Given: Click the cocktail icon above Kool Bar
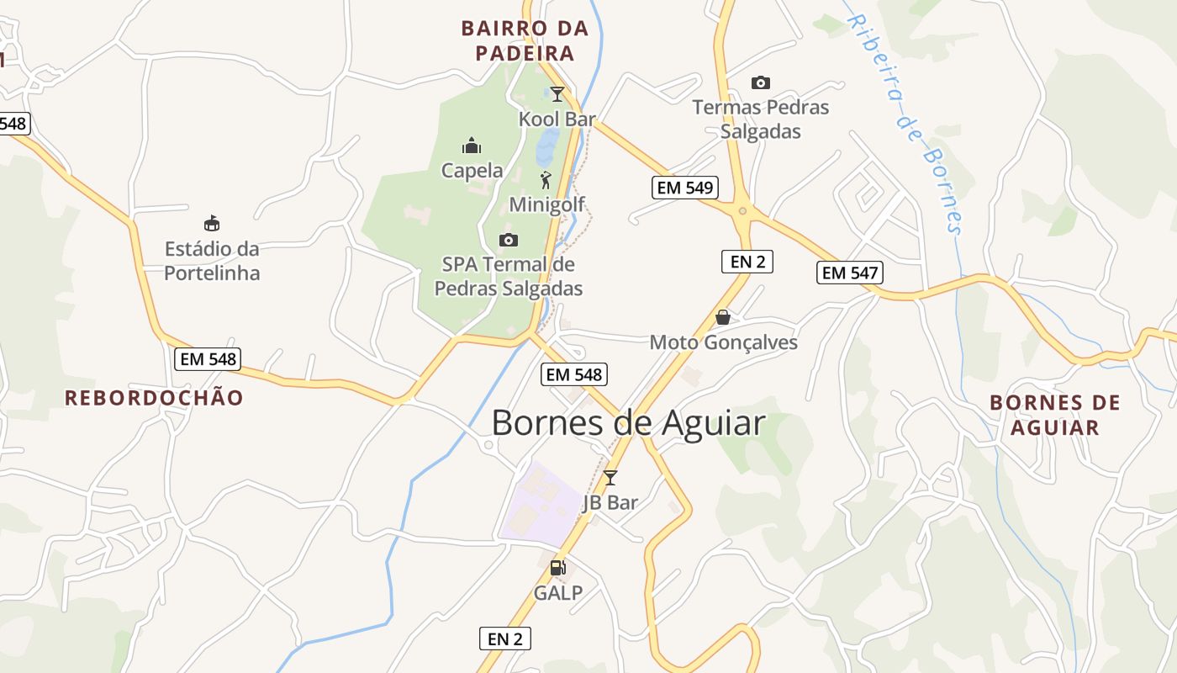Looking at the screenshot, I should pos(557,93).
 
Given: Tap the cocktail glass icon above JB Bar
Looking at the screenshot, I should pos(610,477).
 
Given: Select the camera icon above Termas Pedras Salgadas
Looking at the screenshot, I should pos(760,82).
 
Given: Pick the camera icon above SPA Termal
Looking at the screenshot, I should pos(508,240).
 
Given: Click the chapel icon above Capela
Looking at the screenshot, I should pos(472,146).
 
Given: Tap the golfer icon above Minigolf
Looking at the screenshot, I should pos(546,179).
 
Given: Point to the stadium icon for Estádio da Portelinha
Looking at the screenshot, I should pos(212,223).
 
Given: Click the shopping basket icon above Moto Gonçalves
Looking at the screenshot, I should pos(722,317).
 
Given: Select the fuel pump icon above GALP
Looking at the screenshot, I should pos(557,568).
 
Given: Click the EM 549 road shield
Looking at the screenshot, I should pos(685,188).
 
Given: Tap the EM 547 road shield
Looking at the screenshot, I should pos(850,273).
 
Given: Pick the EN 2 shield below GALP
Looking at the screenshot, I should pos(505,639).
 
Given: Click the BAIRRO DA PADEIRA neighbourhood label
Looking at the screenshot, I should pos(525,40).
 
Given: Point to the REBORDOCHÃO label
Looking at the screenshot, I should pos(154,398).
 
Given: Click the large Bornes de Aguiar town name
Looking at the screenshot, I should pos(628,422).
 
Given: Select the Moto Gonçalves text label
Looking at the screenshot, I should pos(723,342).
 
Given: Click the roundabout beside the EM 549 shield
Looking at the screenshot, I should pos(742,210).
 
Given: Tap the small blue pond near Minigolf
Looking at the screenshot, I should pos(547,146).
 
